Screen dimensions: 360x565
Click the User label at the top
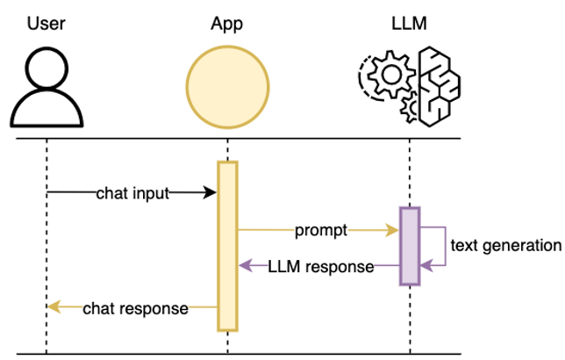point(46,23)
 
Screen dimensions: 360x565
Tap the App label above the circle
point(227,23)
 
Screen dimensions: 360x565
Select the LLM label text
point(409,23)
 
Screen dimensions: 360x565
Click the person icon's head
point(46,69)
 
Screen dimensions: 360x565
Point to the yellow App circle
point(227,85)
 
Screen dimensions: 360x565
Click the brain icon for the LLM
point(439,86)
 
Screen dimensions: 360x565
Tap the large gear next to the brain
point(386,76)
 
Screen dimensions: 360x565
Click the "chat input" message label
point(132,192)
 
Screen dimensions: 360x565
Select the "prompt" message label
point(321,231)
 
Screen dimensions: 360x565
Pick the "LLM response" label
point(321,266)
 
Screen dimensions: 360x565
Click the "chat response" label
point(135,308)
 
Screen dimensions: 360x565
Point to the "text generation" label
point(505,247)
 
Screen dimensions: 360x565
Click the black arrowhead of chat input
point(211,192)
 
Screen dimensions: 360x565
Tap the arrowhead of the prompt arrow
point(393,231)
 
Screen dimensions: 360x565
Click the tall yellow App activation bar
point(227,246)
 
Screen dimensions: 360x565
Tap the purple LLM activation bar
point(410,246)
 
